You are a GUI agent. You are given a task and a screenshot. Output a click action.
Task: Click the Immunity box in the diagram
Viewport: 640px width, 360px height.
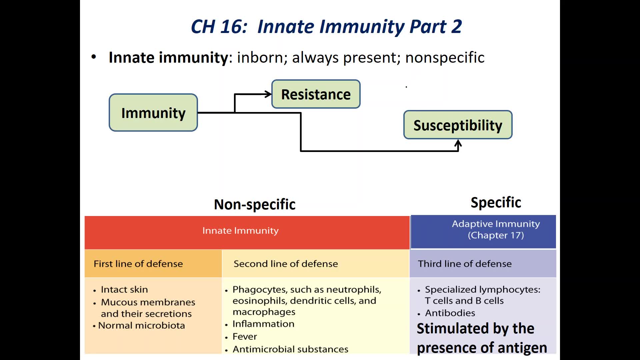click(x=153, y=113)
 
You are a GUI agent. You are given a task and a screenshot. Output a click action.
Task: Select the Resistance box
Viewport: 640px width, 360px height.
click(x=316, y=94)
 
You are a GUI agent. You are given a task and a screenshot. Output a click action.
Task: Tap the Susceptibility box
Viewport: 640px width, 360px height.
click(x=458, y=125)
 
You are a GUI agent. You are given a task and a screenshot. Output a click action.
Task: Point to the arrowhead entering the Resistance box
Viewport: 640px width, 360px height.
click(x=268, y=94)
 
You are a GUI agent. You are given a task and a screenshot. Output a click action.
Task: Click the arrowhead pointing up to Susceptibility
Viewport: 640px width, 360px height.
click(x=458, y=144)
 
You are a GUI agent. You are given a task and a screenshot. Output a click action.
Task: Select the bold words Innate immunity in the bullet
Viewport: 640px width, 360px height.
click(x=168, y=57)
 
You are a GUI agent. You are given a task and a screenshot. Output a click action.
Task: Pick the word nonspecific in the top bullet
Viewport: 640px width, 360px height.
click(x=445, y=57)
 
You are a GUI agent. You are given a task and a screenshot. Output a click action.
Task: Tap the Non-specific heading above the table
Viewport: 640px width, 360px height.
click(x=255, y=204)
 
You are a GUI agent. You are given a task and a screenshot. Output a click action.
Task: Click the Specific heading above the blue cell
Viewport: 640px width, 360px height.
click(x=496, y=202)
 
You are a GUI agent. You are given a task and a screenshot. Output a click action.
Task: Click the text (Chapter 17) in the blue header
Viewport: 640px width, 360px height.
click(x=496, y=235)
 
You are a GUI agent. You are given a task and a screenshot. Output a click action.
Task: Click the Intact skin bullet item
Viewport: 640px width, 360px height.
click(x=124, y=289)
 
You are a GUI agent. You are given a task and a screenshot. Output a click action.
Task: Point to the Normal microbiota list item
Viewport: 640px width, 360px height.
click(x=141, y=325)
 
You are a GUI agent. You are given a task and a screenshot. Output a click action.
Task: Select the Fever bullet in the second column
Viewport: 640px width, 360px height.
click(x=245, y=337)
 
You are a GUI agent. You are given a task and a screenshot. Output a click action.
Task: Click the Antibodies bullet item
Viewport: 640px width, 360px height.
click(x=450, y=313)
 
